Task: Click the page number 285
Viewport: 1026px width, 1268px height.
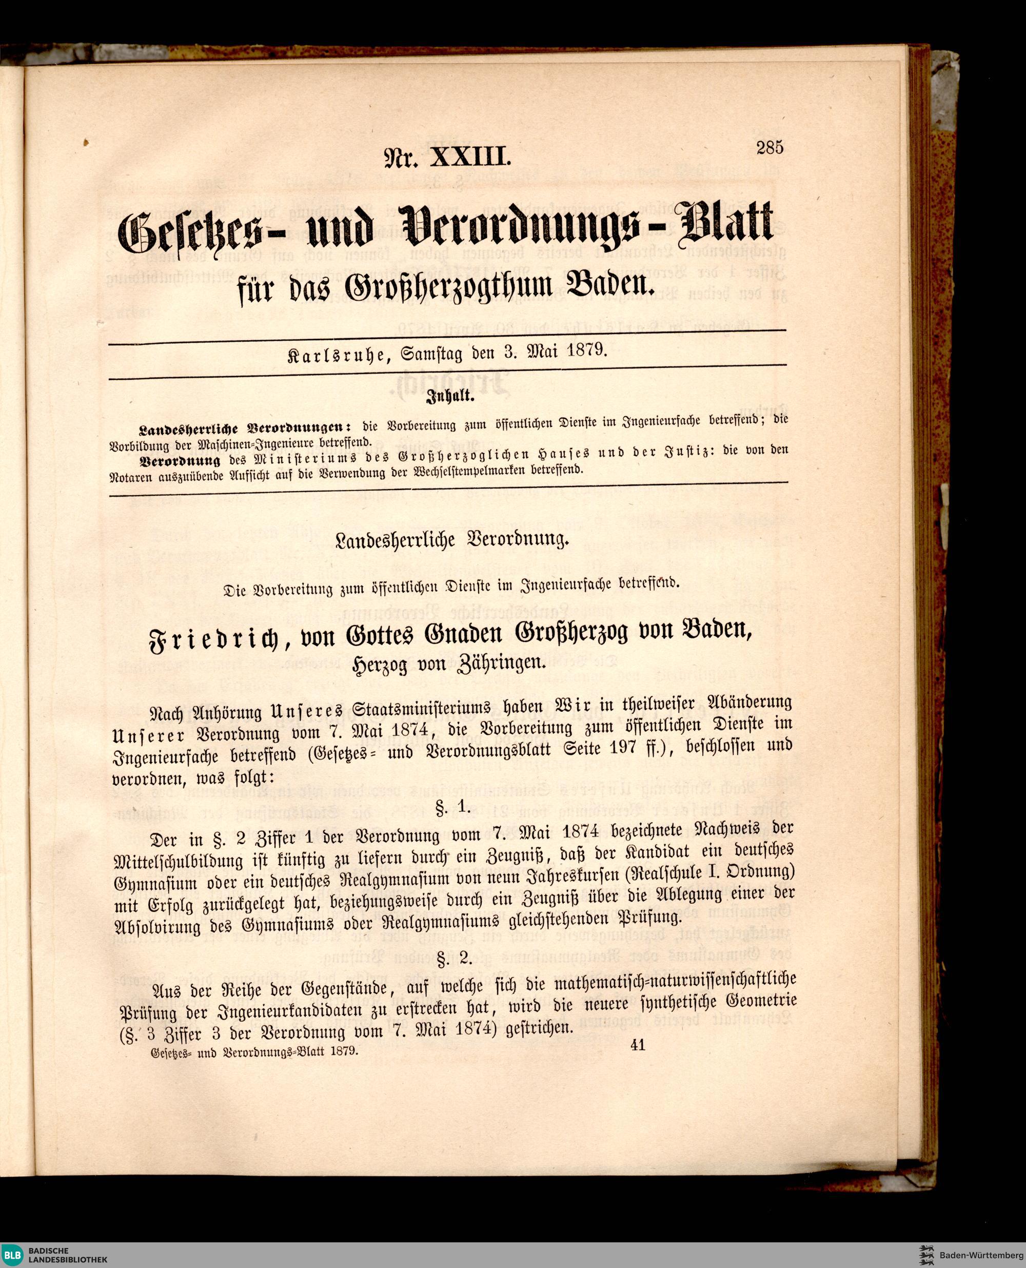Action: (x=769, y=147)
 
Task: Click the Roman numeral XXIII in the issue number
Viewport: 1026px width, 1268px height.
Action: (x=470, y=159)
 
